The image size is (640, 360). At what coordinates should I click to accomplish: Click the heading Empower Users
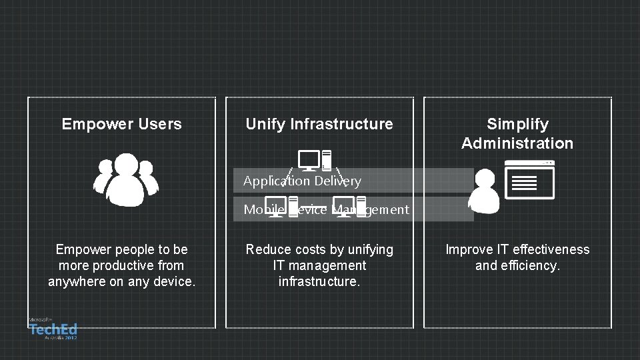pos(121,124)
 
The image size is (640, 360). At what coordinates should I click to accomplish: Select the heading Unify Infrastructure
pos(319,124)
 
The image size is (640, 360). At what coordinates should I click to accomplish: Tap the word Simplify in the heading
pos(517,124)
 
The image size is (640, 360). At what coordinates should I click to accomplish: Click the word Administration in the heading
pos(517,143)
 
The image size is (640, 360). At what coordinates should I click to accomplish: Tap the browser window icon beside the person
pos(529,180)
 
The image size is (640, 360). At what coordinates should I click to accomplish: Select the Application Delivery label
pos(302,181)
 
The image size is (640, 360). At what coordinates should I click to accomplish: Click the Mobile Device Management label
pos(326,209)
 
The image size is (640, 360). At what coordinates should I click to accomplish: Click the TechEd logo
pos(53,329)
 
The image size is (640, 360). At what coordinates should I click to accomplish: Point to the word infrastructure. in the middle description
pos(319,281)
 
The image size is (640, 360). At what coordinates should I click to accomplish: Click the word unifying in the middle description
pos(369,249)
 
